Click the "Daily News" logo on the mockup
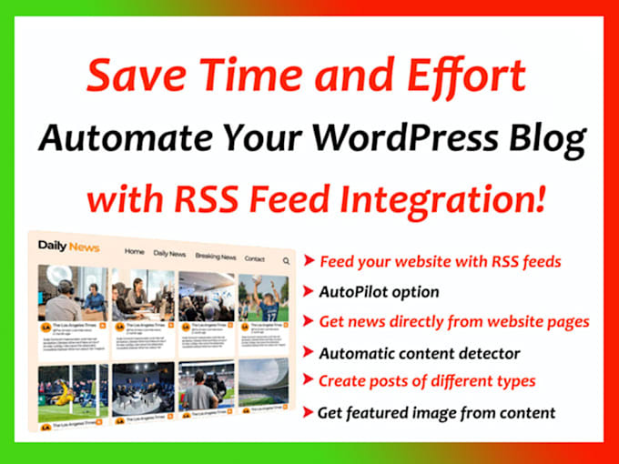point(68,246)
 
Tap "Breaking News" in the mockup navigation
point(216,257)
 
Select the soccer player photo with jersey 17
point(262,300)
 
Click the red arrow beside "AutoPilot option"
point(309,293)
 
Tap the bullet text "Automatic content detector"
point(420,352)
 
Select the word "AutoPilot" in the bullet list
point(350,292)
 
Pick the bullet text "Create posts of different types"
point(427,380)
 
